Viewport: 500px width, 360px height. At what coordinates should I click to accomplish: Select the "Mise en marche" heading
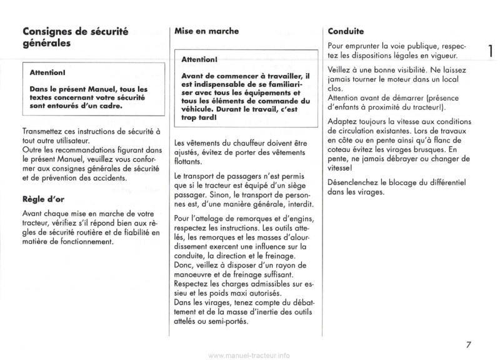tap(206, 30)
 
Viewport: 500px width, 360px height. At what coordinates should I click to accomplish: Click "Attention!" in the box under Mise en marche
tap(199, 60)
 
